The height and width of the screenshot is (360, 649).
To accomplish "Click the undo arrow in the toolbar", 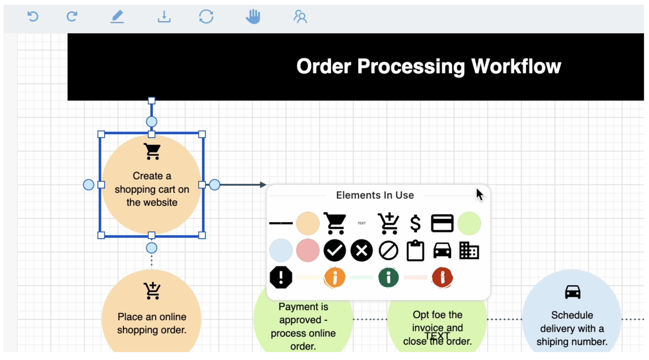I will pos(33,17).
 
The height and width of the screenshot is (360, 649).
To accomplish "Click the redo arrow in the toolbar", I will pos(72,17).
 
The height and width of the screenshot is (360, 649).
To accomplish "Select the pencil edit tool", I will pos(117,17).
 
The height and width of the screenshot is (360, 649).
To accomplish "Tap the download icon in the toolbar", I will pos(164,17).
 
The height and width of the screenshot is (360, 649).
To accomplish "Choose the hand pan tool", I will pos(253,17).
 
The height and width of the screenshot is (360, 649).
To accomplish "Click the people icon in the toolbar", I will pos(300,17).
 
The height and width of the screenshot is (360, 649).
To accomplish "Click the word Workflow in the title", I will pos(516,66).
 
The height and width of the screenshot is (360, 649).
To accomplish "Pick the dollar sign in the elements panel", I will pos(415,224).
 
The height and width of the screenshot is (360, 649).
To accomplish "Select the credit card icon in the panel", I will pos(442,223).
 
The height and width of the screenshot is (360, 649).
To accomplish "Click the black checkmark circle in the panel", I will pos(335,250).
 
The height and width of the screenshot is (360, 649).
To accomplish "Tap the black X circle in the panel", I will pos(362,250).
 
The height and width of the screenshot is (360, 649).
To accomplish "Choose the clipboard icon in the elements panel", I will pos(415,251).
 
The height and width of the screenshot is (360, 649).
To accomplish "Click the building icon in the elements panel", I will pos(469,251).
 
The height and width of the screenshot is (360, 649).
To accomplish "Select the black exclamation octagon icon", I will pos(281,277).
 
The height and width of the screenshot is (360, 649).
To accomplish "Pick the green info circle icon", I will pos(388,277).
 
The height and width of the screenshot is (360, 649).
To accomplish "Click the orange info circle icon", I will pos(335,277).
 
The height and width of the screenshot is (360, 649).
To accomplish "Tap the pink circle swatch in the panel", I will pos(307,250).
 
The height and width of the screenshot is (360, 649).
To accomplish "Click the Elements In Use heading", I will pos(375,195).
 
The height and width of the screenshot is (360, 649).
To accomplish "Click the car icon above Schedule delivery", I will pos(573,292).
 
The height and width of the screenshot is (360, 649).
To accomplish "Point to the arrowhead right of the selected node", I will pos(263,185).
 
